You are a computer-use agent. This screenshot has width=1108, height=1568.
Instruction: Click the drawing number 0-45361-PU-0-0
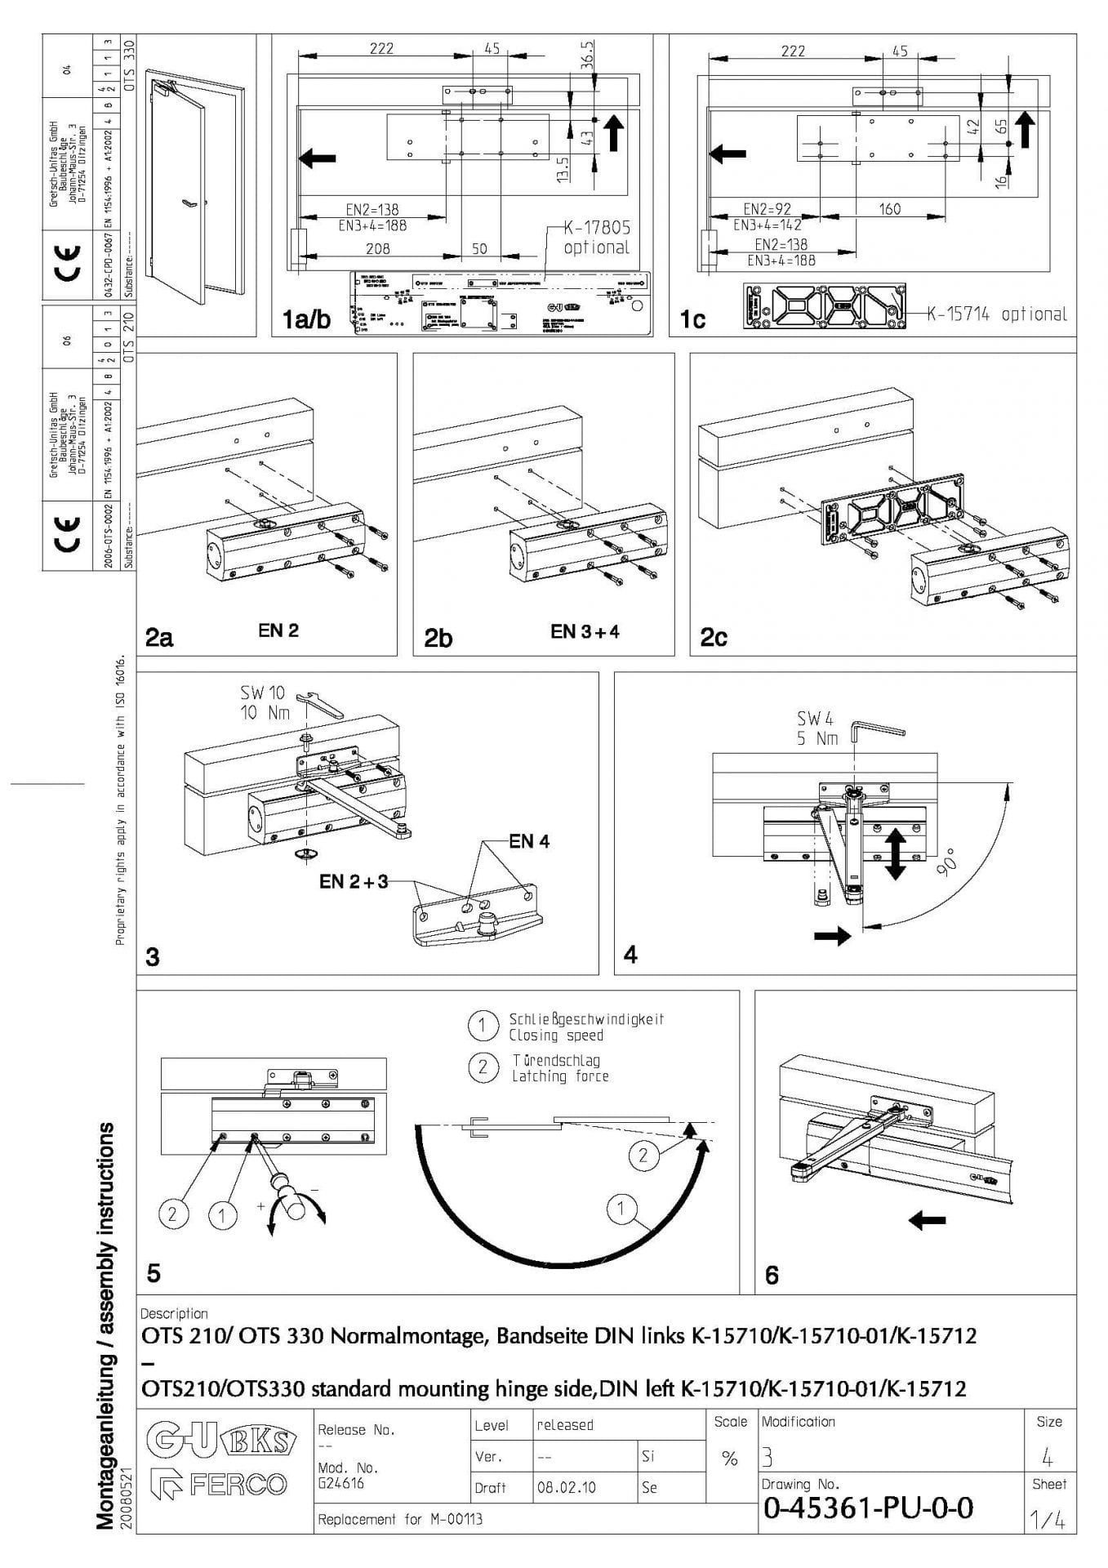pyautogui.click(x=867, y=1508)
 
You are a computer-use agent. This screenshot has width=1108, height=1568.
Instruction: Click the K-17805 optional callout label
pyautogui.click(x=597, y=238)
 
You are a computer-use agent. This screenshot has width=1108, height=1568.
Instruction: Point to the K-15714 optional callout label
pyautogui.click(x=996, y=314)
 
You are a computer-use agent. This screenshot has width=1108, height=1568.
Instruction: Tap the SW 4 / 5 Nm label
pyautogui.click(x=817, y=728)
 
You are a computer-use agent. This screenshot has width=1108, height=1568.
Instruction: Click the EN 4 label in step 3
pyautogui.click(x=529, y=841)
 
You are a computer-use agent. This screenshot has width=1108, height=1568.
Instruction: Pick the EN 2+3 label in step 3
pyautogui.click(x=353, y=881)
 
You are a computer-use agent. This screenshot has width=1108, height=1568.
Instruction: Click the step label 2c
pyautogui.click(x=714, y=637)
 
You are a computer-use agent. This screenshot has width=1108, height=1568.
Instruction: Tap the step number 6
pyautogui.click(x=772, y=1274)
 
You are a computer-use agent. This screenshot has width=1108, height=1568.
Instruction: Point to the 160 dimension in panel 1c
pyautogui.click(x=889, y=209)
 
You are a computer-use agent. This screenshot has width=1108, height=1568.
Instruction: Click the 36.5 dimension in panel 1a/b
pyautogui.click(x=590, y=58)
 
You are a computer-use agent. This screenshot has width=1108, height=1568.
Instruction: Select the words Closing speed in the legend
pyautogui.click(x=555, y=1036)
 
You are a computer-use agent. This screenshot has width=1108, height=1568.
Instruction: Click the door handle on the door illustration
pyautogui.click(x=189, y=203)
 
